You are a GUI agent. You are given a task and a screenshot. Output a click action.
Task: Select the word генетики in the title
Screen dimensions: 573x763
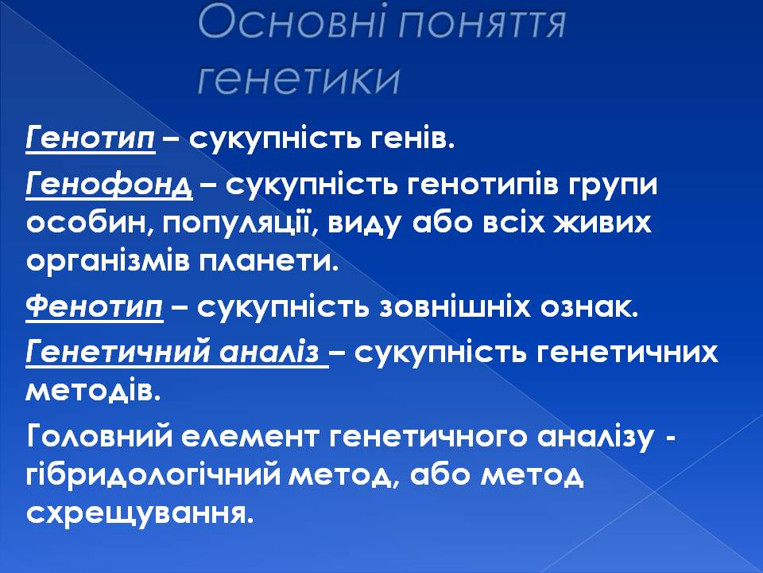coord(298,79)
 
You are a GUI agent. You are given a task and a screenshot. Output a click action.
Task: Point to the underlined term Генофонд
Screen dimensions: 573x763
coord(109,185)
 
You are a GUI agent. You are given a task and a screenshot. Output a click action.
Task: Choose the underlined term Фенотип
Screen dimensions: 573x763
coord(95,307)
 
